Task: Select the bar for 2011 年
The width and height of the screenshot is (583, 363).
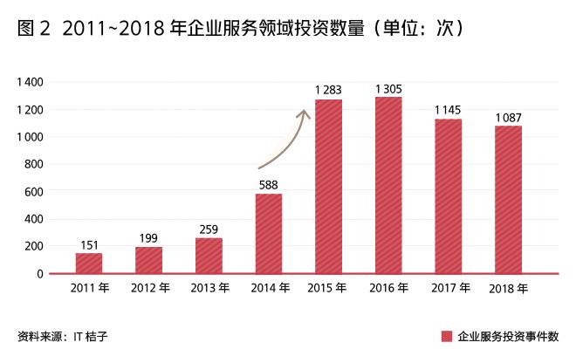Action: click(x=89, y=263)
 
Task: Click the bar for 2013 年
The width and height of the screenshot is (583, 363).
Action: click(x=209, y=256)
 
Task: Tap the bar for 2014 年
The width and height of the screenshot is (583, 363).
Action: click(x=269, y=233)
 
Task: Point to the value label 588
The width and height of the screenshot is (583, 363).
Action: click(x=269, y=183)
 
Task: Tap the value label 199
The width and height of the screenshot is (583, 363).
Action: click(x=149, y=237)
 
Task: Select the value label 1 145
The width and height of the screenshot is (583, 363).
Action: click(x=449, y=109)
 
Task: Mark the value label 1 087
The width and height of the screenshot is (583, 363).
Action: click(x=508, y=117)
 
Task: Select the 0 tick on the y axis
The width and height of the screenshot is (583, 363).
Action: click(x=40, y=273)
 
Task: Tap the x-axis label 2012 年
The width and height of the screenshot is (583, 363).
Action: click(x=149, y=289)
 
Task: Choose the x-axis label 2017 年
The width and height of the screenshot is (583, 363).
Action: click(x=449, y=289)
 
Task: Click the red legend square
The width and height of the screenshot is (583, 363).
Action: click(x=446, y=336)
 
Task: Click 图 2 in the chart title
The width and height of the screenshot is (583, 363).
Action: click(x=33, y=30)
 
